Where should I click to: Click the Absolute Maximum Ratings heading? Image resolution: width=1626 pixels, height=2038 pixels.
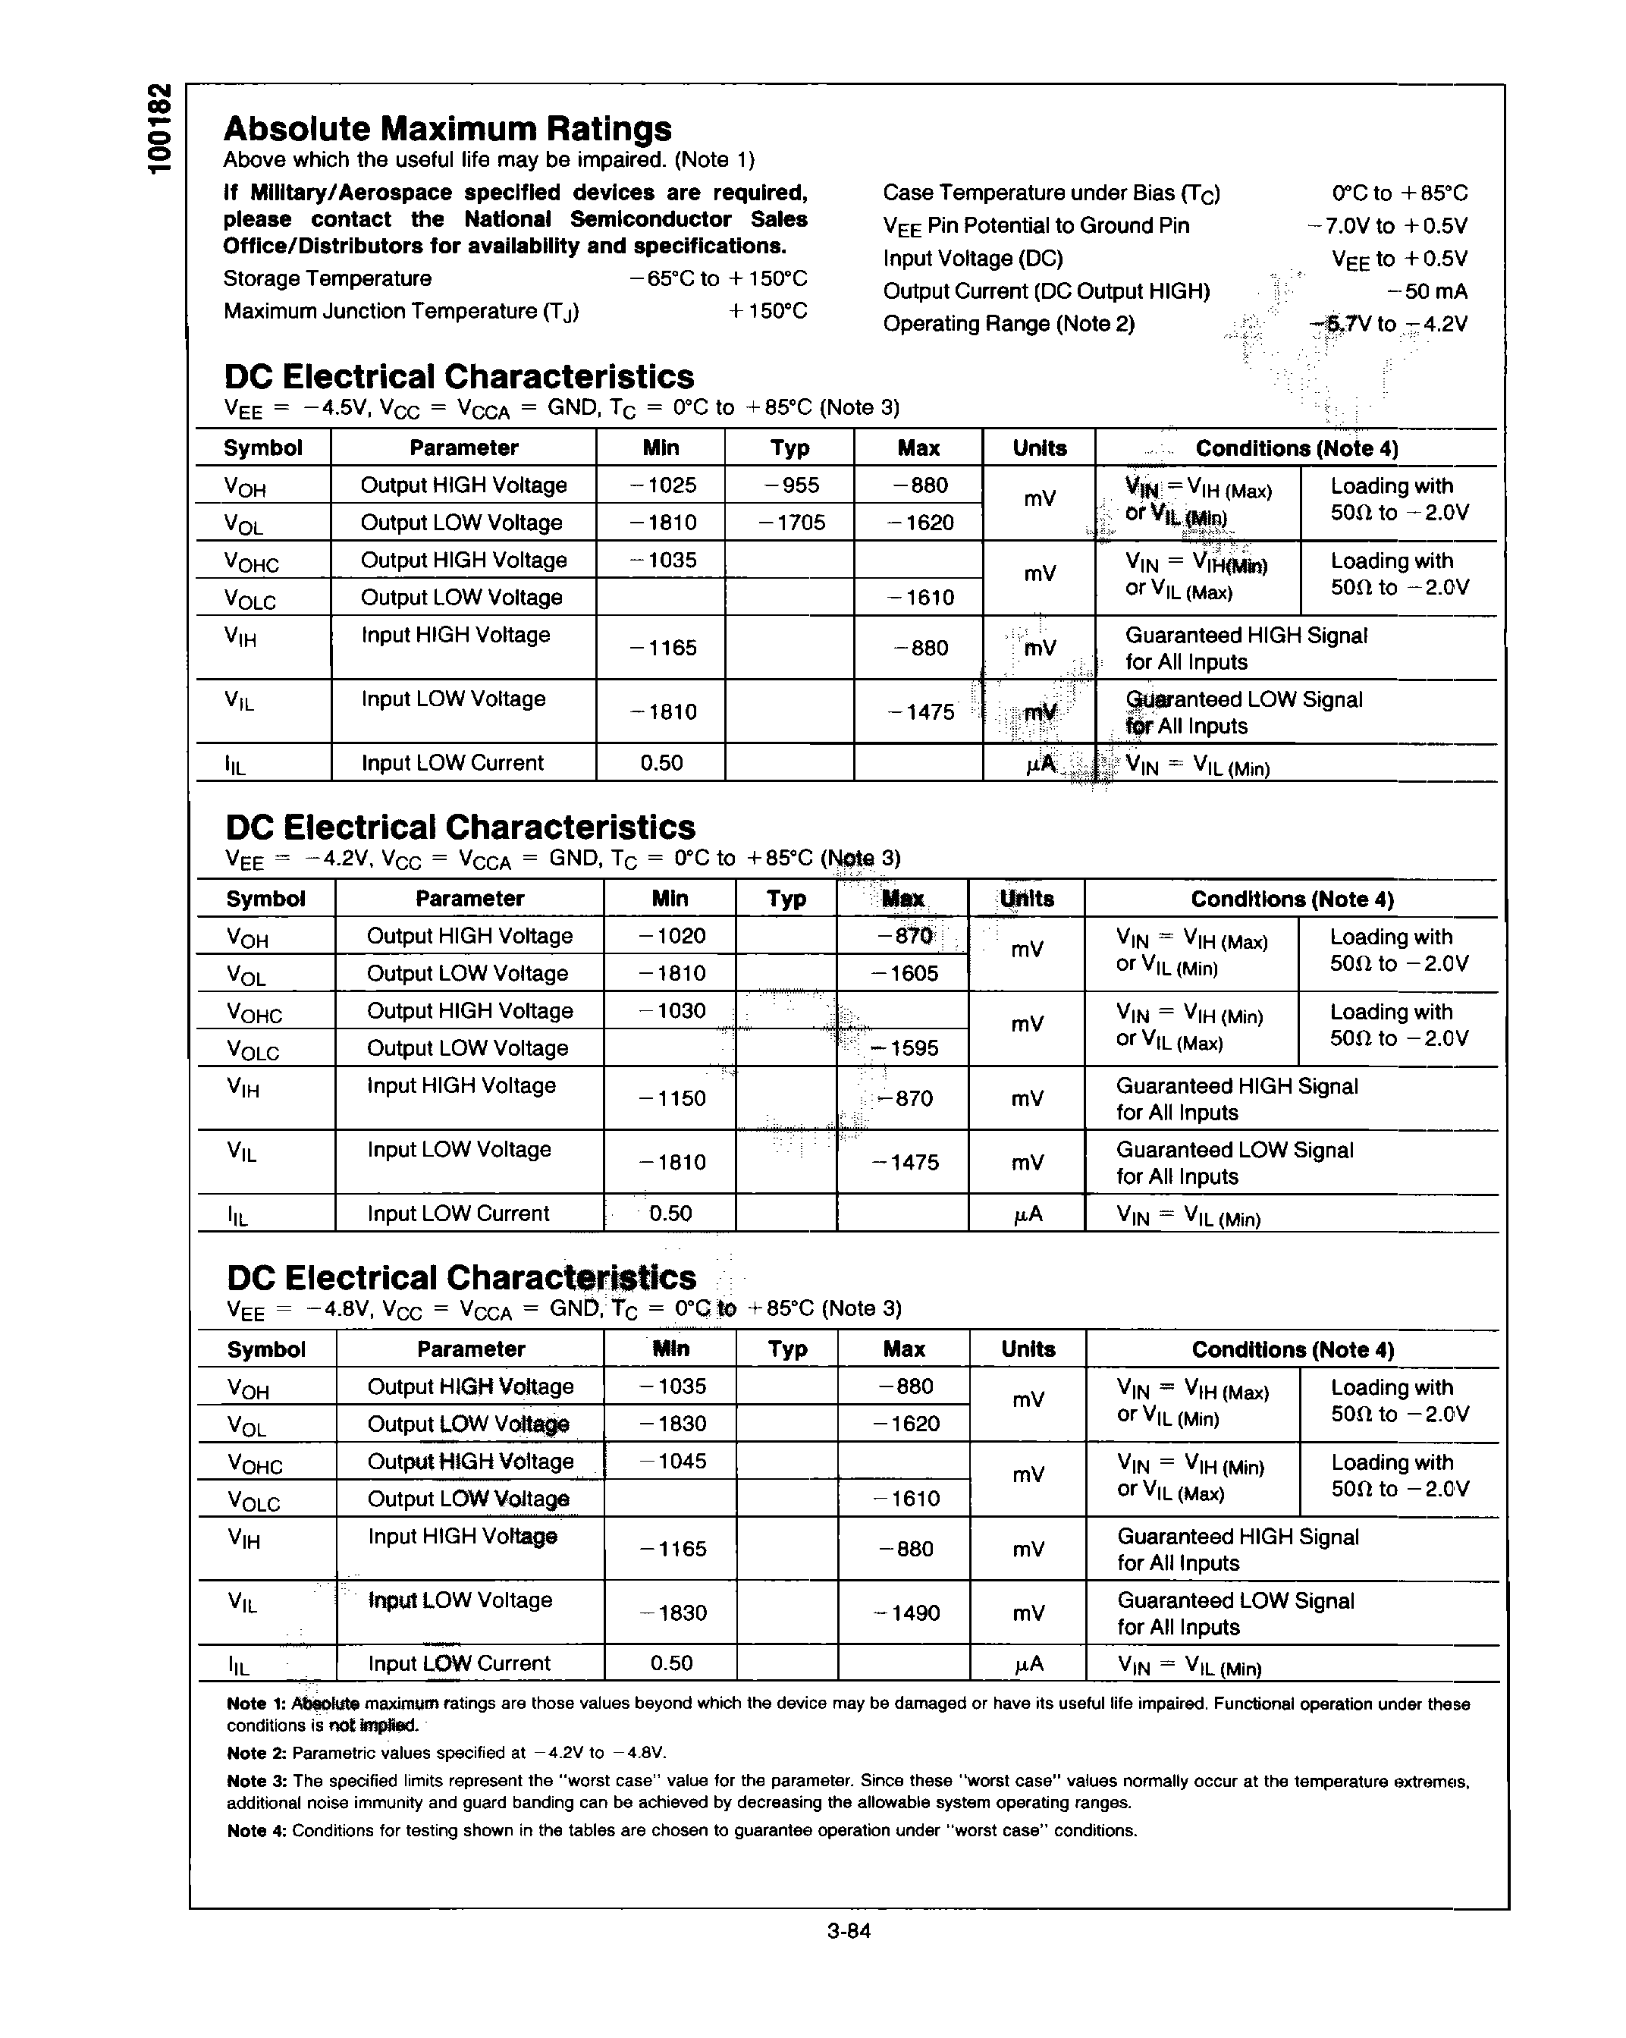click(x=447, y=128)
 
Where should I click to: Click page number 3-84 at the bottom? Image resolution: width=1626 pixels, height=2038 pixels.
click(x=848, y=1931)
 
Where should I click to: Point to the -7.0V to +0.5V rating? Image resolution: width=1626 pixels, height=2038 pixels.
click(x=1387, y=226)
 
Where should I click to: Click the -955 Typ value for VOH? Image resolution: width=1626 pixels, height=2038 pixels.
click(x=789, y=485)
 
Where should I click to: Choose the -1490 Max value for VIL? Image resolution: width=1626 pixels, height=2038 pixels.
click(x=906, y=1612)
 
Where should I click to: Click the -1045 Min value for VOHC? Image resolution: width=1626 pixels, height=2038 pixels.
click(x=672, y=1461)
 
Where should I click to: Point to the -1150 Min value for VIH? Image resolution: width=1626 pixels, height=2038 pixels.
click(x=671, y=1098)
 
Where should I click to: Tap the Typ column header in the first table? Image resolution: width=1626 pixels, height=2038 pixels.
click(x=789, y=448)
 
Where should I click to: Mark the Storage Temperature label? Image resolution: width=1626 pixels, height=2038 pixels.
click(x=327, y=279)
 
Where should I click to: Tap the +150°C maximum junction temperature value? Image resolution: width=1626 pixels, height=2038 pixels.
click(x=767, y=311)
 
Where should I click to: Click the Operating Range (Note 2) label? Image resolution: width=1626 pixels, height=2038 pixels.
click(x=1008, y=324)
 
